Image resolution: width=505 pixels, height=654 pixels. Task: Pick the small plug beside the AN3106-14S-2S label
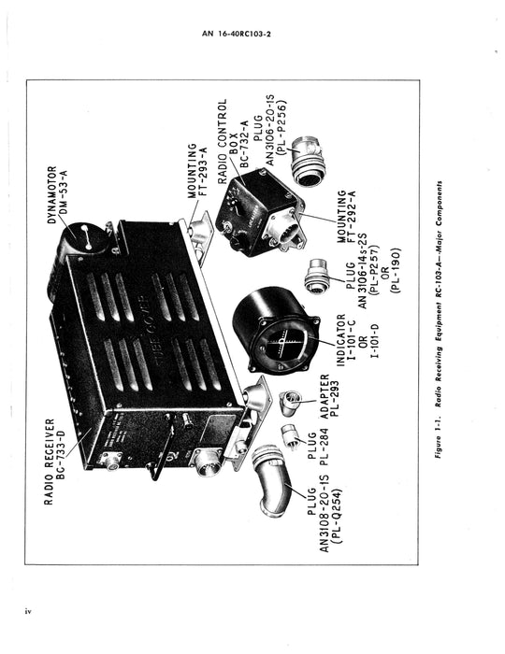[319, 276]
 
